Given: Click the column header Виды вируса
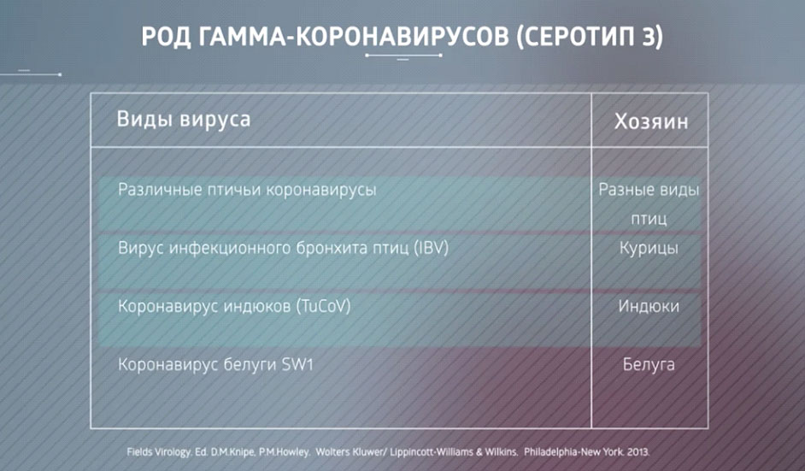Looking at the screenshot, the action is [184, 120].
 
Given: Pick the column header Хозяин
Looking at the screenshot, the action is [651, 121].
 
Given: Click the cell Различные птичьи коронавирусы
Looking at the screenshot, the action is [247, 190].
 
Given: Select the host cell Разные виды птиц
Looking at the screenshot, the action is [649, 204].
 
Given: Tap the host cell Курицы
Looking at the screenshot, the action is [649, 249].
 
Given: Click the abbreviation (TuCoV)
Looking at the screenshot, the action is [323, 307].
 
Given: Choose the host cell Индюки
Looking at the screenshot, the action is [649, 307].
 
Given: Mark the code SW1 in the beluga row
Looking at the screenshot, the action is [297, 365].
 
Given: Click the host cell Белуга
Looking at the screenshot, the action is [649, 365].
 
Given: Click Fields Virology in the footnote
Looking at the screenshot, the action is [159, 452].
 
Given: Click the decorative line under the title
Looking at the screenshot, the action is [403, 55].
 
